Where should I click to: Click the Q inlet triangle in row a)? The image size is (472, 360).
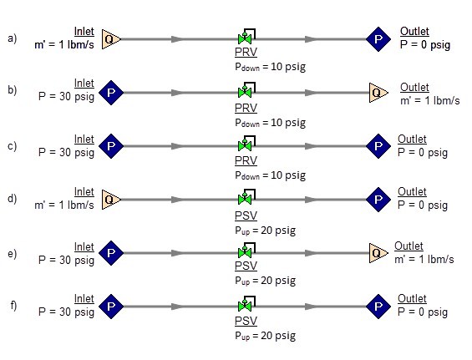pyautogui.click(x=111, y=39)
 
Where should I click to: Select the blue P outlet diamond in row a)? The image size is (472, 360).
pyautogui.click(x=378, y=39)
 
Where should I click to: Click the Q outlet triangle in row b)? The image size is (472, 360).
pyautogui.click(x=378, y=93)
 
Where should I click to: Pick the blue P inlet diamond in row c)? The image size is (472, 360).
pyautogui.click(x=111, y=146)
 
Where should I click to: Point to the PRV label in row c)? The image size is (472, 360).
pyautogui.click(x=246, y=160)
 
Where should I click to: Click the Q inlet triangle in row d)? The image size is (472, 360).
pyautogui.click(x=111, y=200)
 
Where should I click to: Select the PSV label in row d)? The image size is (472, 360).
pyautogui.click(x=246, y=215)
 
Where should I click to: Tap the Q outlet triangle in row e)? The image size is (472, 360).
pyautogui.click(x=378, y=253)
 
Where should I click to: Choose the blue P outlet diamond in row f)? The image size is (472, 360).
pyautogui.click(x=378, y=307)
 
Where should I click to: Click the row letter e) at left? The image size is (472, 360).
pyautogui.click(x=12, y=253)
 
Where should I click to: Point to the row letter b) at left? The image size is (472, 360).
pyautogui.click(x=12, y=90)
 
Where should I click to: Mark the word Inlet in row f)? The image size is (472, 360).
pyautogui.click(x=84, y=298)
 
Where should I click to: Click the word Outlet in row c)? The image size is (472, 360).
pyautogui.click(x=412, y=139)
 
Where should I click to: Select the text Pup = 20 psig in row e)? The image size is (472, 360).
pyautogui.click(x=265, y=281)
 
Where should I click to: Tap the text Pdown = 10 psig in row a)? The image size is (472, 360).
pyautogui.click(x=271, y=67)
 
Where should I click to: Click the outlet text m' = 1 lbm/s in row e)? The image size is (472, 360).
pyautogui.click(x=424, y=259)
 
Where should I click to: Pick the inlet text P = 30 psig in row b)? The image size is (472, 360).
pyautogui.click(x=67, y=97)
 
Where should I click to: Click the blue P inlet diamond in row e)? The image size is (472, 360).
pyautogui.click(x=111, y=253)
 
